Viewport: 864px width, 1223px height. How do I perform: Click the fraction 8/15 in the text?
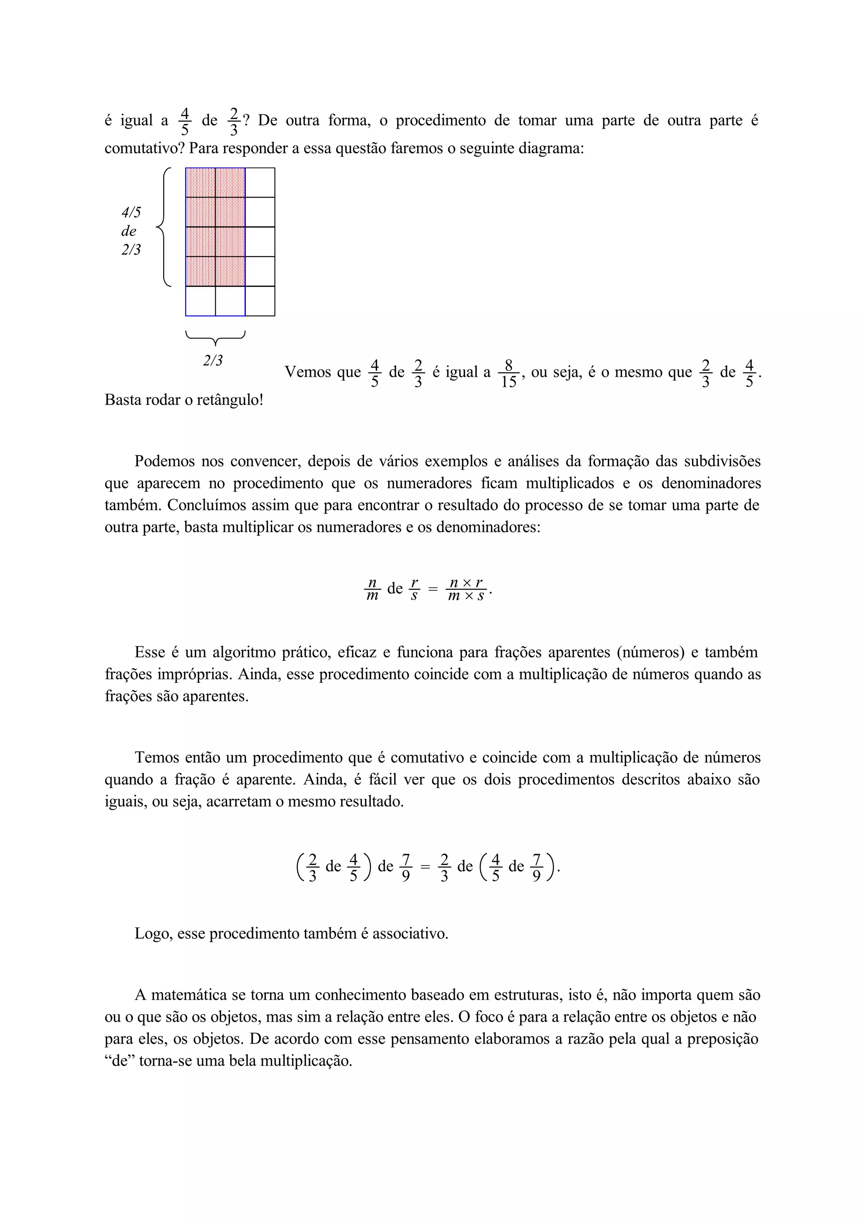coord(508,373)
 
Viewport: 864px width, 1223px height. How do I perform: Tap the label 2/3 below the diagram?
coord(213,361)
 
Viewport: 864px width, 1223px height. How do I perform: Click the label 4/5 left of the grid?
coord(131,213)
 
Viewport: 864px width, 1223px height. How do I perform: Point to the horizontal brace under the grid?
coord(215,338)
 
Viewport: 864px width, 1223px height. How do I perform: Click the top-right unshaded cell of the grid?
coord(260,183)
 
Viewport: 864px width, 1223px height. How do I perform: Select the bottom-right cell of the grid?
coord(260,301)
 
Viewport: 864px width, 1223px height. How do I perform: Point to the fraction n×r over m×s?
coord(467,589)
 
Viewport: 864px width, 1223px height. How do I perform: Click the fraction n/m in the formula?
coord(373,589)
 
